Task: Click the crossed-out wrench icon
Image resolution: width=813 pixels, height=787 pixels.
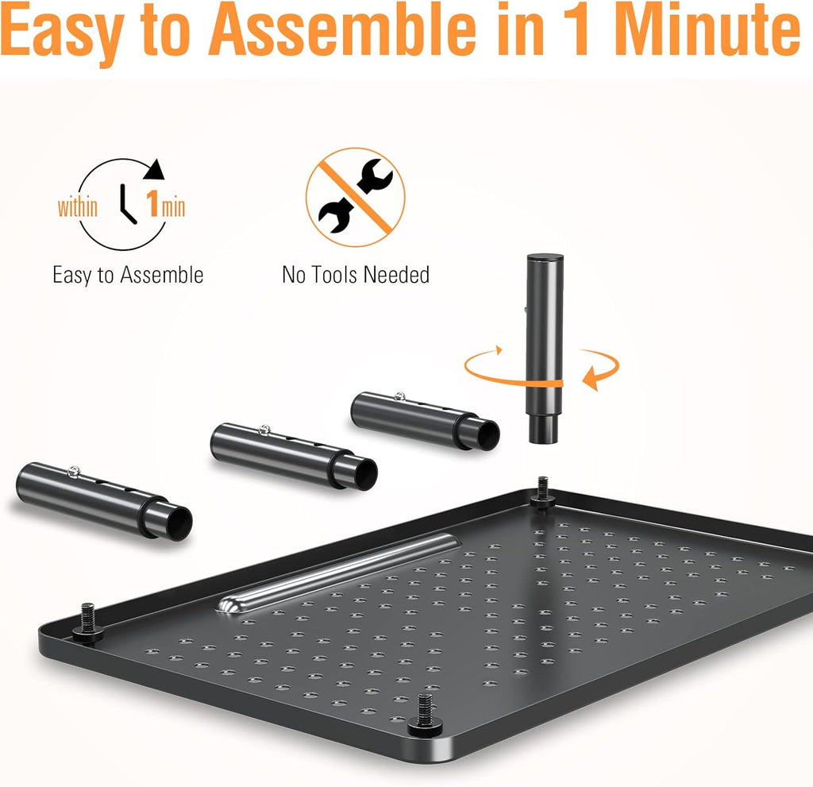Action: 355,196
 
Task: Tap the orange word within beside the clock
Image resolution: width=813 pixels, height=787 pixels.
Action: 78,208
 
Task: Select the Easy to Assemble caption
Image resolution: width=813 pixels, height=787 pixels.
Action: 128,276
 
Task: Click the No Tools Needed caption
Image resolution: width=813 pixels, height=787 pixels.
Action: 356,276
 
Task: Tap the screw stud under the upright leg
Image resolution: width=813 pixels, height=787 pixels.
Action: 543,490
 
